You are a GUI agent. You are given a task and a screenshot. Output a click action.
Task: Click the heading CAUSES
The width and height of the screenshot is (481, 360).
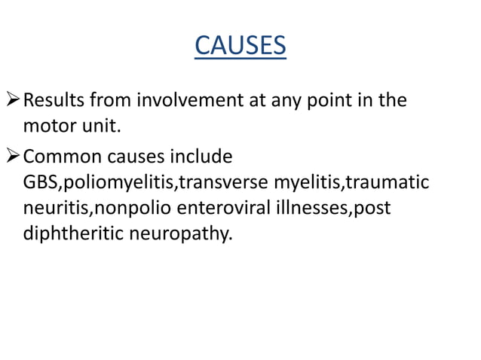(x=240, y=47)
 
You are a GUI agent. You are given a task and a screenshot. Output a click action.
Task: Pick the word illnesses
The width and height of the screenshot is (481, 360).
(x=305, y=208)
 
